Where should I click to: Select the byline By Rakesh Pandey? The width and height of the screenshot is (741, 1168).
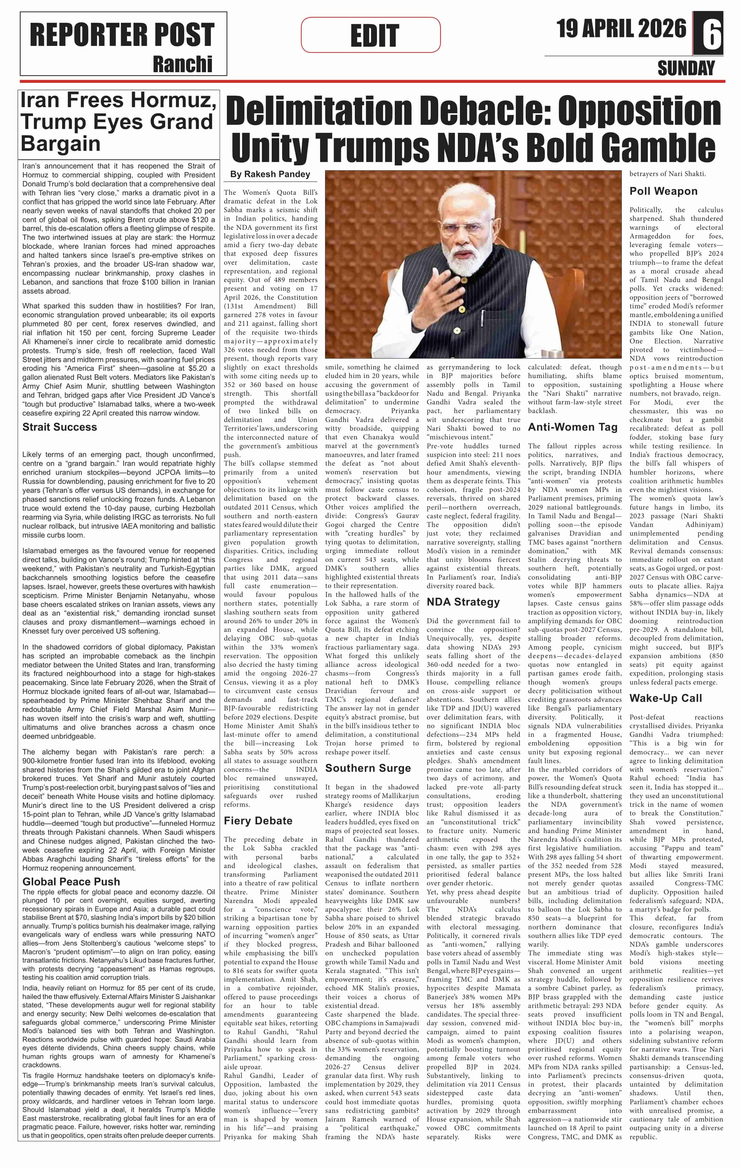[x=270, y=174]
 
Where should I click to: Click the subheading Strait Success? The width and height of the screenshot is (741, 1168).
[x=60, y=427]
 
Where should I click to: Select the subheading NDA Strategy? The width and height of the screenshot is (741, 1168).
[x=463, y=602]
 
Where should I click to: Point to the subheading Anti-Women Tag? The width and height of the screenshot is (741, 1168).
[x=572, y=427]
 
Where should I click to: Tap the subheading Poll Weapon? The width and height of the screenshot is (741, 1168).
[x=663, y=191]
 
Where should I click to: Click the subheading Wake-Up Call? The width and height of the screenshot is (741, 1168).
[x=666, y=698]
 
